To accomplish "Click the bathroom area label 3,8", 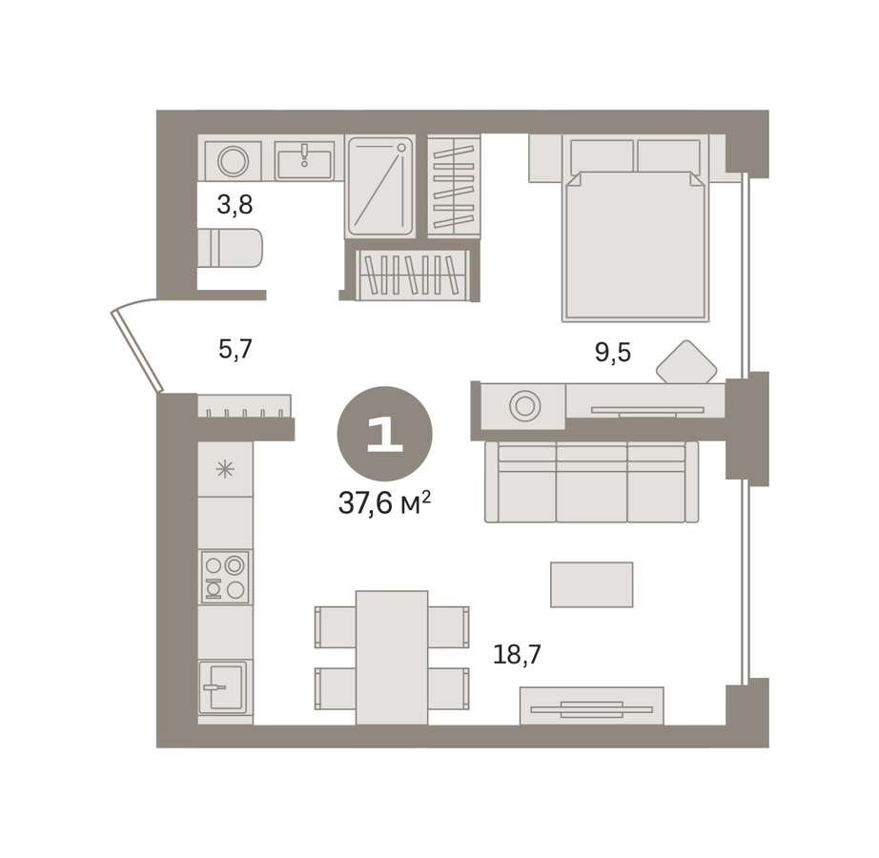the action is (235, 205).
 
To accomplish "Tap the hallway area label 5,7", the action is (235, 350).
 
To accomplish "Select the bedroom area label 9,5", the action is (613, 353).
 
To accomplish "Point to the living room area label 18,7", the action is (517, 654).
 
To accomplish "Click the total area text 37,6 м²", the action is (384, 503).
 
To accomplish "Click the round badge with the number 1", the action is (384, 434).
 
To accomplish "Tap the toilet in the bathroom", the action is (230, 248).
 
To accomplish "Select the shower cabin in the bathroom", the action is (380, 187).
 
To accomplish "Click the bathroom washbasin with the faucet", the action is (304, 160).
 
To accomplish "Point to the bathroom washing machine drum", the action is (234, 161).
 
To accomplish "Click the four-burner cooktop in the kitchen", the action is (225, 576).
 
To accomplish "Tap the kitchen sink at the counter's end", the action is (222, 686).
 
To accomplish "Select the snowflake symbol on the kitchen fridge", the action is (225, 469).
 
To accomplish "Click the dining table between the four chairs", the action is (392, 658).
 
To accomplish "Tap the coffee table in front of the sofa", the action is (591, 584).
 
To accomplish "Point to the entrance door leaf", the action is (137, 350).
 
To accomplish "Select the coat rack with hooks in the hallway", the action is (244, 406).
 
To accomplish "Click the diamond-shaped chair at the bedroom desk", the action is (686, 362).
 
